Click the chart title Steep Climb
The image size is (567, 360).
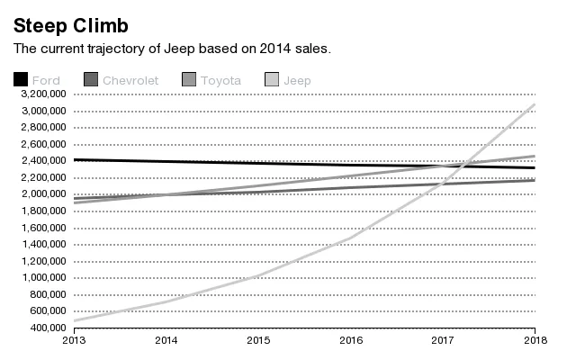click(70, 24)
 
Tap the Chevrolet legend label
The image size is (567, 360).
click(130, 80)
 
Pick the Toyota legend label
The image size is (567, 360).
click(220, 80)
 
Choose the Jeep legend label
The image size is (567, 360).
click(297, 80)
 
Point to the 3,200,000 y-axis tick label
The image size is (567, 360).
click(43, 94)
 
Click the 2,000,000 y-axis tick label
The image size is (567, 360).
click(43, 194)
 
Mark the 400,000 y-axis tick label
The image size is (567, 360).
click(47, 328)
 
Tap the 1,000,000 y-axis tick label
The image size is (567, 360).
click(43, 277)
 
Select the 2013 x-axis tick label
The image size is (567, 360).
click(74, 340)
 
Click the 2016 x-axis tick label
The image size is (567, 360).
click(351, 340)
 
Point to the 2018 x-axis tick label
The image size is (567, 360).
click(535, 340)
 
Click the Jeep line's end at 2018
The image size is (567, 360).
click(535, 104)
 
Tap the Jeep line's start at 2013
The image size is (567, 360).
click(74, 320)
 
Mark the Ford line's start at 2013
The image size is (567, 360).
click(74, 159)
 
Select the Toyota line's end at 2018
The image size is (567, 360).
click(535, 156)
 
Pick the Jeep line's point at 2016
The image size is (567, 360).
click(351, 237)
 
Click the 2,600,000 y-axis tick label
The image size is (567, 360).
click(43, 144)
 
